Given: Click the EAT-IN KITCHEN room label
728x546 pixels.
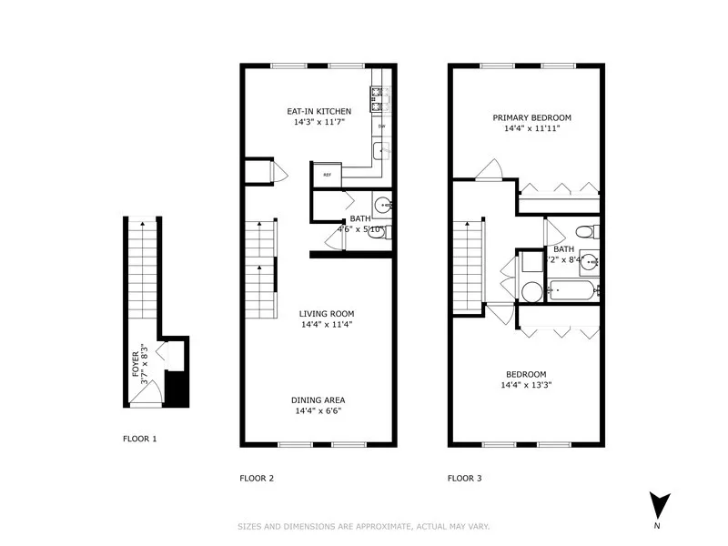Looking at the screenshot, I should click(x=318, y=111).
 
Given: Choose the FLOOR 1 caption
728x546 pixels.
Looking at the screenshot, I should click(x=140, y=439).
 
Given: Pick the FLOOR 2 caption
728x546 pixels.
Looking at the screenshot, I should click(x=257, y=478).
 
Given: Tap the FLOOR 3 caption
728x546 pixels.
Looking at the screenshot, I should click(x=464, y=478).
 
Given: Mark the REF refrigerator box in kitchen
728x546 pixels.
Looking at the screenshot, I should click(x=326, y=174).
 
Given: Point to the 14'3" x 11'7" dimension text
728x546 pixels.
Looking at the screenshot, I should click(x=318, y=122).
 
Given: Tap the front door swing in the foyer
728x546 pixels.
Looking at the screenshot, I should click(x=155, y=392).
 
